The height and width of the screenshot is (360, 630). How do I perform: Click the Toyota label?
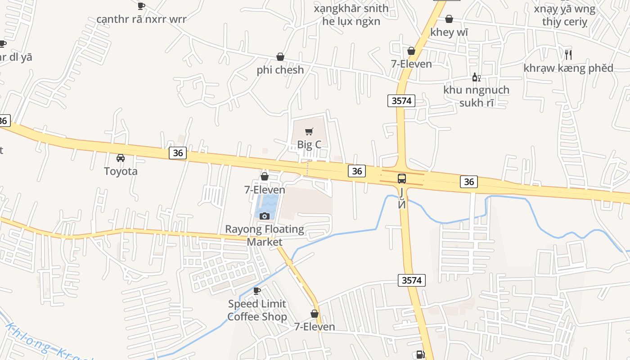coord(121,171)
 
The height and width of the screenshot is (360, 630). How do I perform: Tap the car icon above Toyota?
coord(121,158)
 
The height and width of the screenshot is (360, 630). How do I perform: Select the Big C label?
coord(309,144)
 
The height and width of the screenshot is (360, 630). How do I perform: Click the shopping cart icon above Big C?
coord(309,131)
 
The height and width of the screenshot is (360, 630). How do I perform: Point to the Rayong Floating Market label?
coord(265,235)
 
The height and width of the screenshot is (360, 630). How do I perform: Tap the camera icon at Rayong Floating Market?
coord(265,216)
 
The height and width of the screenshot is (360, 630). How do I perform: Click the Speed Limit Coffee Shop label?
coord(257,310)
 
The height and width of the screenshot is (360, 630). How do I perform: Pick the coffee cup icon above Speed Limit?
coord(257,291)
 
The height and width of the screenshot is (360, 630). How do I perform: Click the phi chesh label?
coord(280,70)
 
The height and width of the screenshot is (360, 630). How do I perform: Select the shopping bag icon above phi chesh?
coord(280,57)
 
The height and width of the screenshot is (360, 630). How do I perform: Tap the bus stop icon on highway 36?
coord(402,179)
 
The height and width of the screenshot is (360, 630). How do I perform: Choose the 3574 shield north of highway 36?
coord(401,101)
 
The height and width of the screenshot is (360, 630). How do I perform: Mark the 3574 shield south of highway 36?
coord(412,280)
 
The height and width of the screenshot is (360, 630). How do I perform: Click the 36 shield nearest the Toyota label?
coord(178,153)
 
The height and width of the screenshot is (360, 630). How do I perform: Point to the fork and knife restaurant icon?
coord(568,55)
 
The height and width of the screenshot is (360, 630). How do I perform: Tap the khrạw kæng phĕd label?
coord(568,68)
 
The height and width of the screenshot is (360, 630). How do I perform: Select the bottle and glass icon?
coord(476,77)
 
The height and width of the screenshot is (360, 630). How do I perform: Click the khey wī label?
coord(449,32)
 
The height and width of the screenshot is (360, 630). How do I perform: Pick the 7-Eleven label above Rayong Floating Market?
coord(265,190)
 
